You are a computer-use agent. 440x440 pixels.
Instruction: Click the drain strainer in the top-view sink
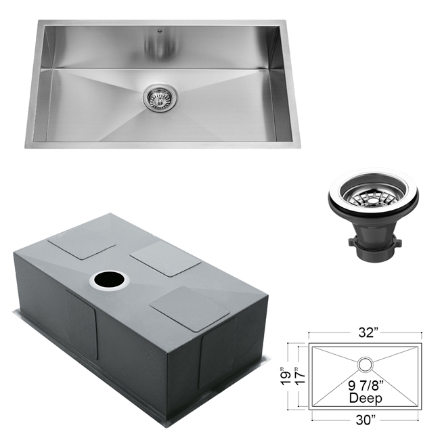(x=160, y=97)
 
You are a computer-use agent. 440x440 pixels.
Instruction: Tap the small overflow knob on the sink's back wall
(x=160, y=30)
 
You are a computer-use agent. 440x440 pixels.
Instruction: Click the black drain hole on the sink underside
(x=109, y=280)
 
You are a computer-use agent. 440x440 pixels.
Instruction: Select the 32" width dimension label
(x=367, y=333)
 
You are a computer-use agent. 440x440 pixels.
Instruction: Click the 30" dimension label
(x=366, y=420)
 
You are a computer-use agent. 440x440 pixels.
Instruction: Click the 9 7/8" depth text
(x=366, y=386)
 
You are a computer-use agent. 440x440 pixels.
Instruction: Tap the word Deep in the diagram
(x=366, y=398)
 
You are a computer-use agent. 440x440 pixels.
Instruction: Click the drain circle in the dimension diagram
(x=366, y=364)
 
